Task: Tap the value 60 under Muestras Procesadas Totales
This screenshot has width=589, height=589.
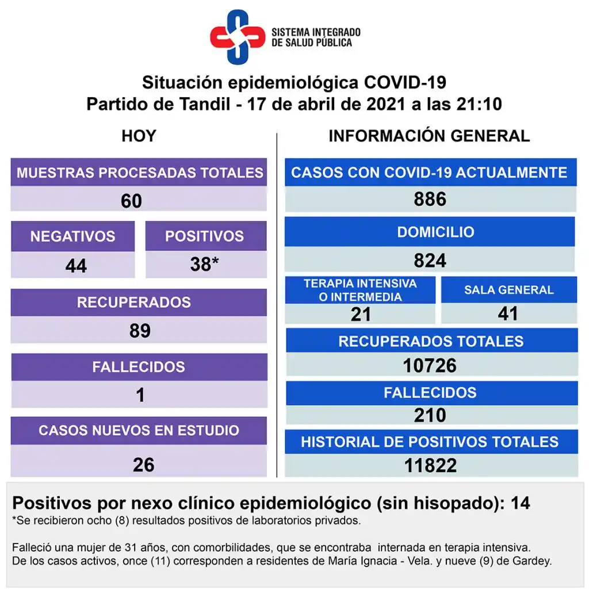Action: click(131, 201)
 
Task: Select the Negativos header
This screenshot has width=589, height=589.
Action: click(72, 236)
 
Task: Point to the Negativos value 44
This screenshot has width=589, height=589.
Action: click(76, 265)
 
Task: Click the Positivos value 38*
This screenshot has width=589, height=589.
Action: click(204, 264)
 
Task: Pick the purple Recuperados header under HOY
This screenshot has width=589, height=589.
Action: click(134, 302)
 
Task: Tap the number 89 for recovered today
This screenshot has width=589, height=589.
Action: click(140, 330)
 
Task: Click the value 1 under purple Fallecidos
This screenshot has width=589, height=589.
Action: click(140, 395)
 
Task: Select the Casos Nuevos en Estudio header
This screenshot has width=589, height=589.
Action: click(139, 430)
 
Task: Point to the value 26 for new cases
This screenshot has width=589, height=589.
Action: click(143, 464)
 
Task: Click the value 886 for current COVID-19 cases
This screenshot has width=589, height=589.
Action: click(430, 199)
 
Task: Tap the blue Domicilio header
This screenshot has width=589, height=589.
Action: click(435, 232)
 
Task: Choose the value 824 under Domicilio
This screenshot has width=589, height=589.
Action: click(430, 261)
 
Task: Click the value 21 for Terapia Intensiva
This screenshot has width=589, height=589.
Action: click(361, 314)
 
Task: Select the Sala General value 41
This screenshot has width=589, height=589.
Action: click(508, 313)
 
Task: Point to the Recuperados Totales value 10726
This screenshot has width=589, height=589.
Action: click(430, 365)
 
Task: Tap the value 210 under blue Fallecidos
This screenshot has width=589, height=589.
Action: click(430, 415)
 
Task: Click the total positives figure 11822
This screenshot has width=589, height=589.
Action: click(430, 465)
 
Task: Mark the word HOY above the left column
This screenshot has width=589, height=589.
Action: click(139, 136)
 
